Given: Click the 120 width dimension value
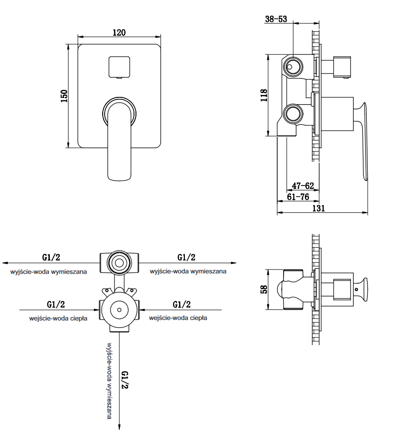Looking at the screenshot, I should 119,32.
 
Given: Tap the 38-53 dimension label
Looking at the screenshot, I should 276,19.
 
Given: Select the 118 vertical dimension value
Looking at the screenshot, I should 264,95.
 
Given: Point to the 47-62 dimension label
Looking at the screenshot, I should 303,186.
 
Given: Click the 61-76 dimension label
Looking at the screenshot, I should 298,197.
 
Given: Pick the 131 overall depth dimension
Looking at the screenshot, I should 318,208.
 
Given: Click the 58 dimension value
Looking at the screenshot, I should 264,290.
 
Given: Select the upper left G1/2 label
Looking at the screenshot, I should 51,257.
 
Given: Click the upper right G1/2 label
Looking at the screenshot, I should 186,257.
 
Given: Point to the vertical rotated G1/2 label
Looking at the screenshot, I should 125,380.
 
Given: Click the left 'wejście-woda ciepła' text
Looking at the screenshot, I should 58,318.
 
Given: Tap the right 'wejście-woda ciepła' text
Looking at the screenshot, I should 178,318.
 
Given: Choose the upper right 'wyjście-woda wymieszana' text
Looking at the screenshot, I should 188,271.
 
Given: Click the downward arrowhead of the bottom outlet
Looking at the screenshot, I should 120,427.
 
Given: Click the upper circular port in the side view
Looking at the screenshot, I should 293,67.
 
